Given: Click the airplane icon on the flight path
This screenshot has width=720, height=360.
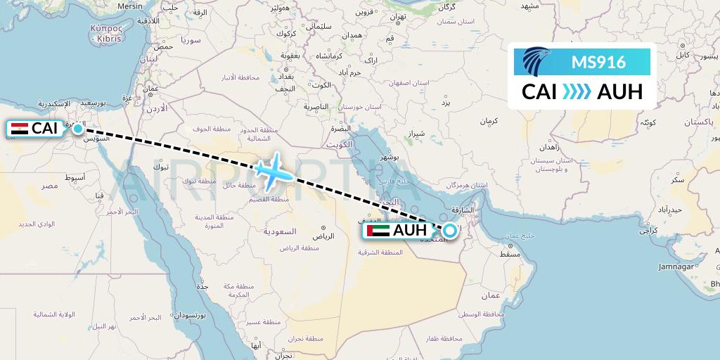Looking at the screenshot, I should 269,169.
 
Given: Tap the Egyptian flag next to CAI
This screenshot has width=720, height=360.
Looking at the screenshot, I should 20,129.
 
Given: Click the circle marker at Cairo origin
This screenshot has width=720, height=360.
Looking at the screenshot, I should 77,129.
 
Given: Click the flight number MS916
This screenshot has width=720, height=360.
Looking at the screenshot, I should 598,63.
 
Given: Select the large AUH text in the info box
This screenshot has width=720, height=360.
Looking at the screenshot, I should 619,92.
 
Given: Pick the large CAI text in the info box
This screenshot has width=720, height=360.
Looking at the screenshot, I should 540,92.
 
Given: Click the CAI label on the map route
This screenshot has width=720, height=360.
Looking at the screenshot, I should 44,129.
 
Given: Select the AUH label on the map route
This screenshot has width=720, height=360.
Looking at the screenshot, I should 410,231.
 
